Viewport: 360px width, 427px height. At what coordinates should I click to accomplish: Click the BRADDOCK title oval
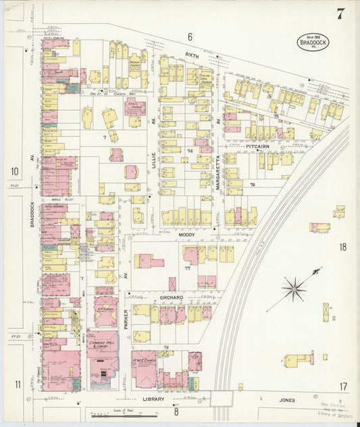[311, 43]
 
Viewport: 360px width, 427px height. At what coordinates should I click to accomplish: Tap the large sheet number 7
[340, 14]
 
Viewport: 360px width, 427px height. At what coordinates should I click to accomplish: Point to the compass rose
[294, 289]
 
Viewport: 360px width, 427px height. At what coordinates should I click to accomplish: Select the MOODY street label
[186, 234]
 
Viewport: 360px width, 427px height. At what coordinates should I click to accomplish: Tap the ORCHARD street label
[172, 297]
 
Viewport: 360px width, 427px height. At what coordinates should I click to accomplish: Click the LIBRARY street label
[154, 399]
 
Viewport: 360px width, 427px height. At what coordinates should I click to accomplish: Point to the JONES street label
[288, 400]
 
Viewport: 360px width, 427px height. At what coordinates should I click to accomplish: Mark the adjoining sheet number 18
[342, 247]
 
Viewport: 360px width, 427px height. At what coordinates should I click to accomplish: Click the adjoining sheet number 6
[190, 36]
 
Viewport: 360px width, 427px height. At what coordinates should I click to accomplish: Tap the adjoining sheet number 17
[343, 386]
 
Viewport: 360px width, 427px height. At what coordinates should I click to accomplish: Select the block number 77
[187, 268]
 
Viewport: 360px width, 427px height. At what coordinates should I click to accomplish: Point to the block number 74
[190, 151]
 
